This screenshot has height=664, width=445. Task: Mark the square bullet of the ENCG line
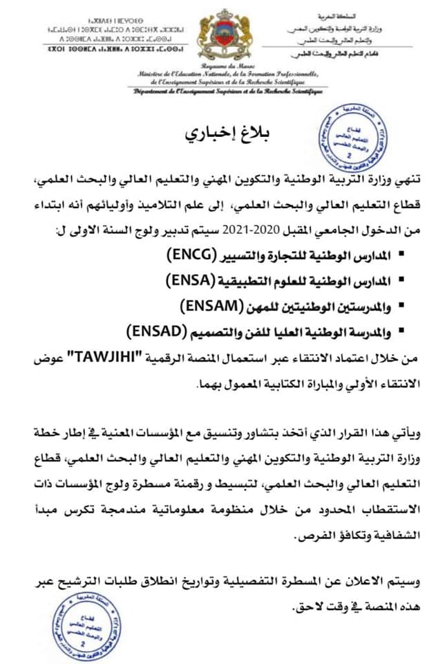404,257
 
